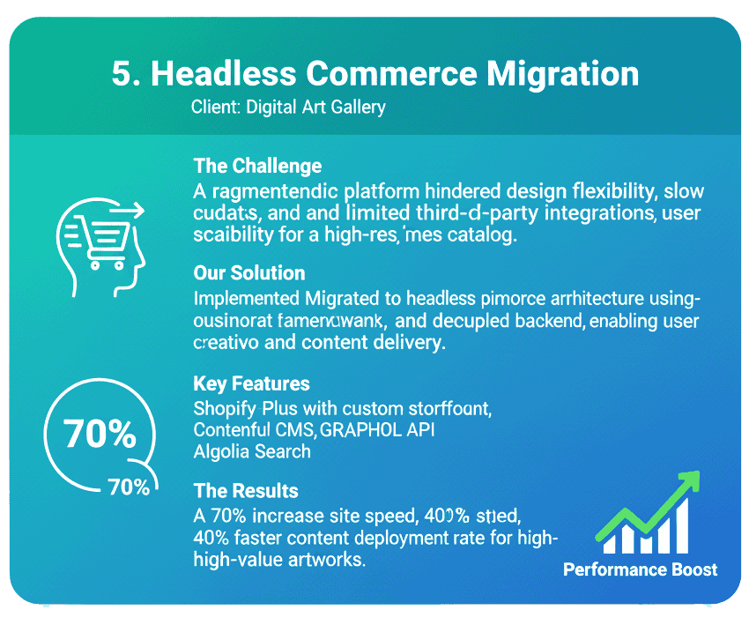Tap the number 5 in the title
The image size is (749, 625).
(x=122, y=73)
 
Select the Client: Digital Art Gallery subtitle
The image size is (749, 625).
(x=288, y=108)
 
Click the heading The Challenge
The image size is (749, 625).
(x=257, y=166)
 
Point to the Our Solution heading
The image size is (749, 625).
(x=249, y=272)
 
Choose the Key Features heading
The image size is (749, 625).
(x=251, y=383)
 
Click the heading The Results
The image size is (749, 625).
(x=246, y=491)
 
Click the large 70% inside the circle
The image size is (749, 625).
(x=100, y=434)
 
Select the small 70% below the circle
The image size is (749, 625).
(x=129, y=487)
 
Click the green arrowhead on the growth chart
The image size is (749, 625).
(x=688, y=481)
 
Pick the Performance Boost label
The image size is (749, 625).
(x=641, y=569)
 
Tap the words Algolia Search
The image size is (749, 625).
(x=252, y=451)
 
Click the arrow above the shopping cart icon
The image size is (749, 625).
(x=127, y=210)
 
